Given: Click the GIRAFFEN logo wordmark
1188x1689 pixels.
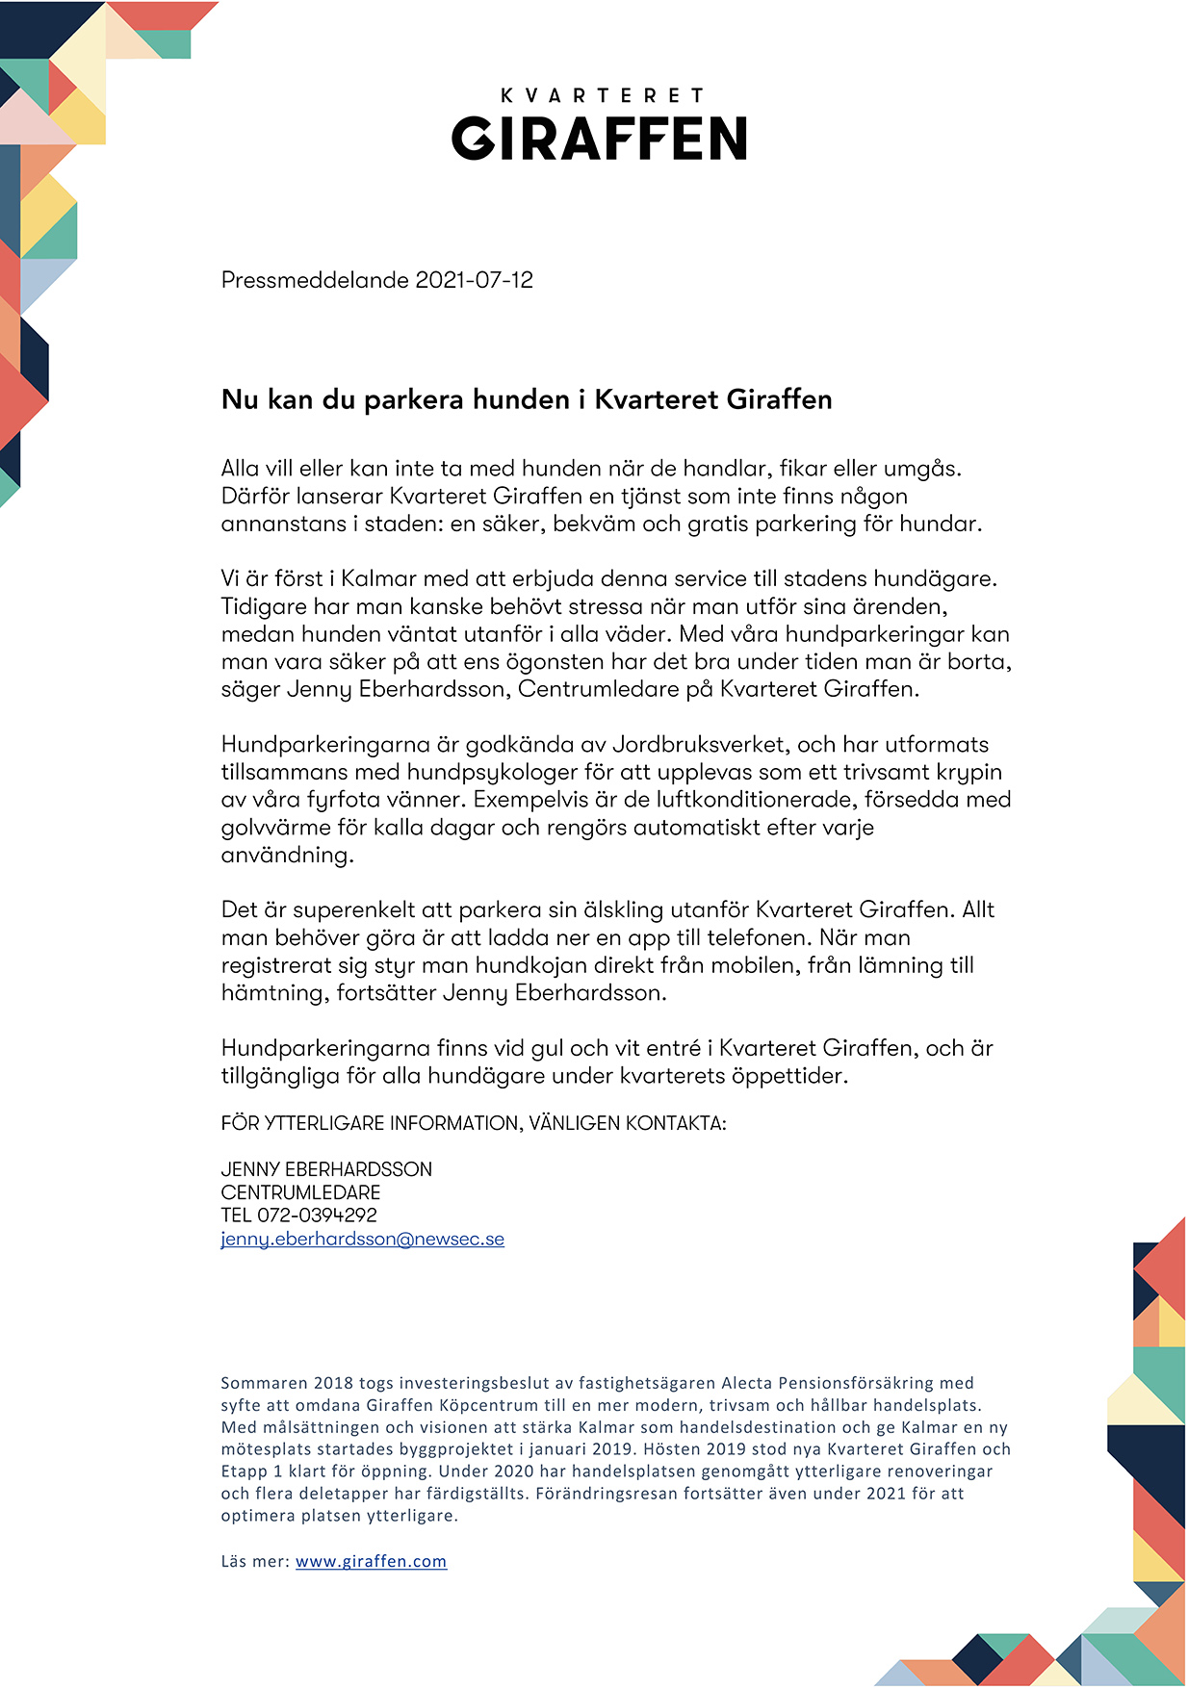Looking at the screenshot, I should pyautogui.click(x=599, y=139).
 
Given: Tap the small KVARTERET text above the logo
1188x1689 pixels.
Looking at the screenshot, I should pyautogui.click(x=602, y=95).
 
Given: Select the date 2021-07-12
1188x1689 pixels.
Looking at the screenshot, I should pyautogui.click(x=474, y=280).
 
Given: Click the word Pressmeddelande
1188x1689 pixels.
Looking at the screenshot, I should pyautogui.click(x=315, y=280).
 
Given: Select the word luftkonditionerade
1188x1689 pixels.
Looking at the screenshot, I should pyautogui.click(x=735, y=800).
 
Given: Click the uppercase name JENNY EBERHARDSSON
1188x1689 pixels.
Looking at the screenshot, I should pyautogui.click(x=326, y=1169).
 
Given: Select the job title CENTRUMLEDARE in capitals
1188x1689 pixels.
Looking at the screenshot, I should pyautogui.click(x=300, y=1192).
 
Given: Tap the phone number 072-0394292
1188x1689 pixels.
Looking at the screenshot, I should pyautogui.click(x=317, y=1216).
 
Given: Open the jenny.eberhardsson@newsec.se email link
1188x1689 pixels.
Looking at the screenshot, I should pyautogui.click(x=362, y=1240).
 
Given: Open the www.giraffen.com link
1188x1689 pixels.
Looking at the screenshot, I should pyautogui.click(x=371, y=1562).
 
